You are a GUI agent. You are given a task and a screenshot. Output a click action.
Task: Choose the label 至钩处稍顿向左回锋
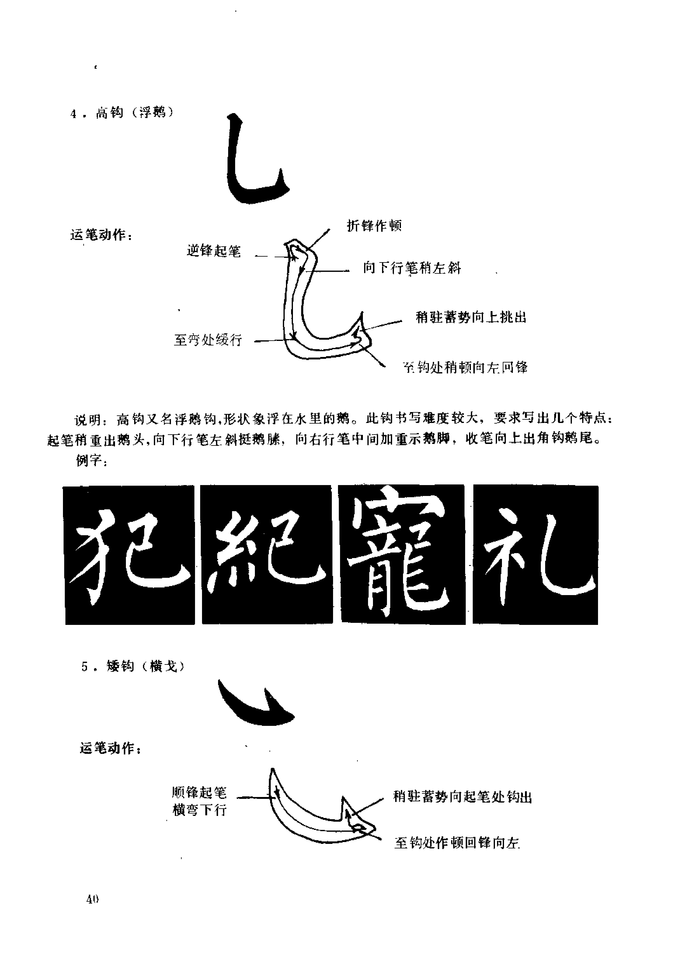pos(465,367)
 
